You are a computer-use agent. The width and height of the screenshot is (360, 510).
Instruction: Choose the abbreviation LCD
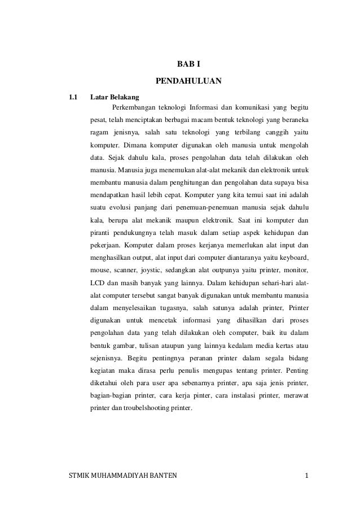[98, 283]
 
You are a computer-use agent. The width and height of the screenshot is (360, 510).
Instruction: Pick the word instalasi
[228, 396]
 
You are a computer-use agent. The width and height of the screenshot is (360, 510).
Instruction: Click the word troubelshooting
[141, 409]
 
